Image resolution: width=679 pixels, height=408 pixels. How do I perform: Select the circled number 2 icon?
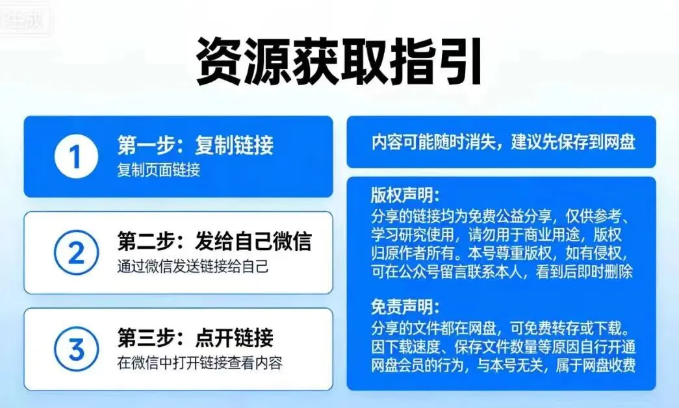[76, 253]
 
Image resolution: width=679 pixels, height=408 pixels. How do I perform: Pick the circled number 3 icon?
[76, 350]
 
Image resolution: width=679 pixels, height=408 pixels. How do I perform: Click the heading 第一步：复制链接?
[196, 145]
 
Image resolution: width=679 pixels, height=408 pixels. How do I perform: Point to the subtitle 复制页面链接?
[159, 170]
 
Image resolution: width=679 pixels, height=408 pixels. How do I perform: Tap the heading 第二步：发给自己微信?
[214, 241]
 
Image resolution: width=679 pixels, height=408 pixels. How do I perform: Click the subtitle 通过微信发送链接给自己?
[192, 266]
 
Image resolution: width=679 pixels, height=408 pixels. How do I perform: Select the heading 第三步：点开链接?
[196, 338]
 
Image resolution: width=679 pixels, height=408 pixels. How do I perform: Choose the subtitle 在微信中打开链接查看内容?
[200, 363]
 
